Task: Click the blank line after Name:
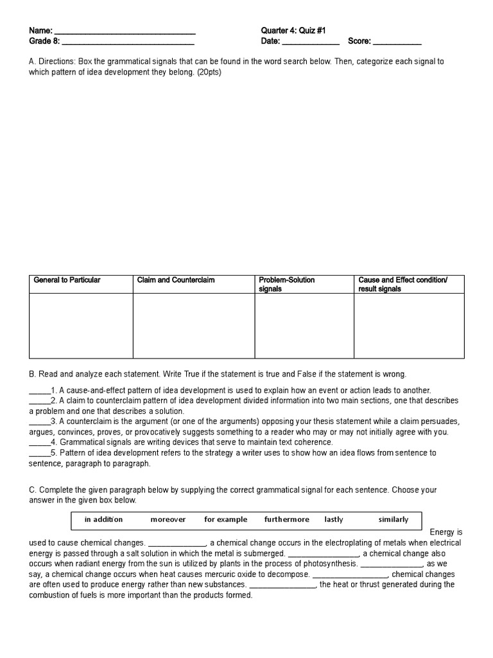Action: [x=125, y=31]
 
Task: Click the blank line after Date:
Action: [x=311, y=42]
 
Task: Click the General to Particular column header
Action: [x=67, y=280]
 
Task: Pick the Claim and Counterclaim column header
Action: [x=176, y=280]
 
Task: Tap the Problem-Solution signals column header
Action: [x=286, y=284]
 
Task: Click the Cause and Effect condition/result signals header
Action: [x=402, y=284]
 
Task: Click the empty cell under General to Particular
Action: [x=81, y=325]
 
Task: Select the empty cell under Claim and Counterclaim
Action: [x=194, y=325]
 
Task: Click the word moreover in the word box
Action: [x=168, y=519]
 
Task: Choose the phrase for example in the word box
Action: [x=225, y=519]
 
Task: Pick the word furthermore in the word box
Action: [x=286, y=519]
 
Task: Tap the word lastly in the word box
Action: [x=334, y=519]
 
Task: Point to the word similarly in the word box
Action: [x=394, y=519]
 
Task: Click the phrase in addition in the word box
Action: [x=103, y=519]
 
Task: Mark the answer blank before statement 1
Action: [x=39, y=391]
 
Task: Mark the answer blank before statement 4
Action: [x=39, y=443]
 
